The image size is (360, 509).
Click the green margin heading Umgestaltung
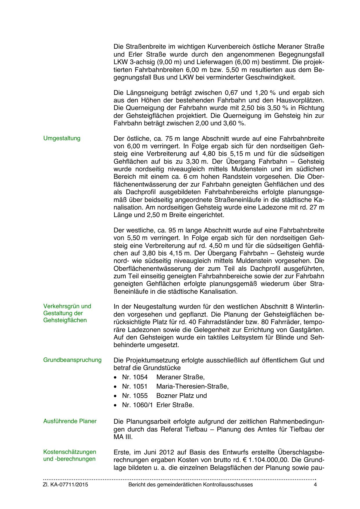pos(62,138)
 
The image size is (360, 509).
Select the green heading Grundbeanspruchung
pos(73,360)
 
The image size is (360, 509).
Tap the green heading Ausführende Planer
pos(70,421)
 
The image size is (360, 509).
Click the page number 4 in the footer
pos(315,485)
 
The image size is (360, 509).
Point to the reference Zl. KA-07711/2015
pos(66,485)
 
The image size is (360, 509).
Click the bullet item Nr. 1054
pos(135,377)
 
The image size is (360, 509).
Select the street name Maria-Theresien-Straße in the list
pos(192,387)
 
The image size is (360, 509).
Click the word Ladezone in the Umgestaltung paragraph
pos(273,207)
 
